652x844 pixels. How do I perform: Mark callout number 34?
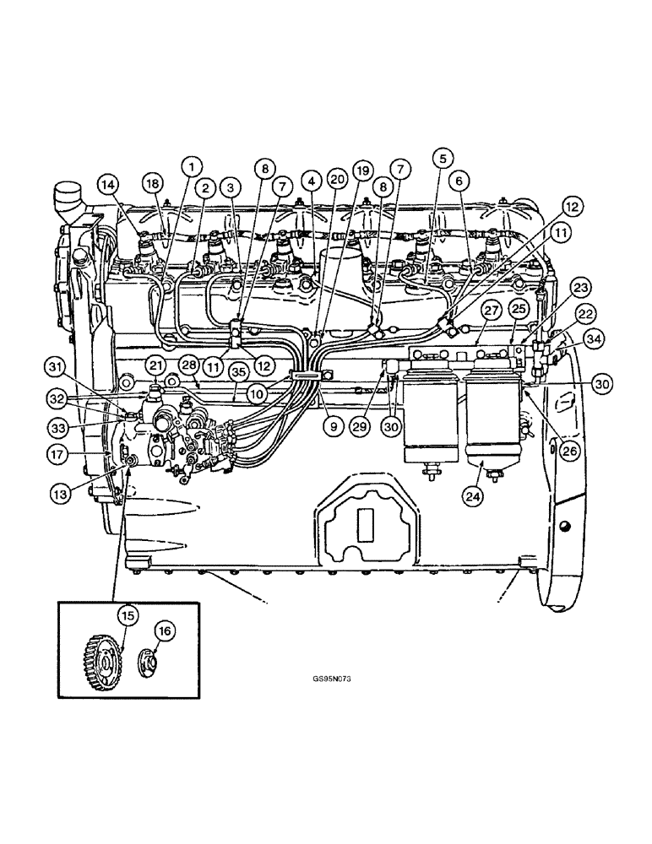570,340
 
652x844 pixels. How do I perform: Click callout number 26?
571,451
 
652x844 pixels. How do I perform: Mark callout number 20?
336,179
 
